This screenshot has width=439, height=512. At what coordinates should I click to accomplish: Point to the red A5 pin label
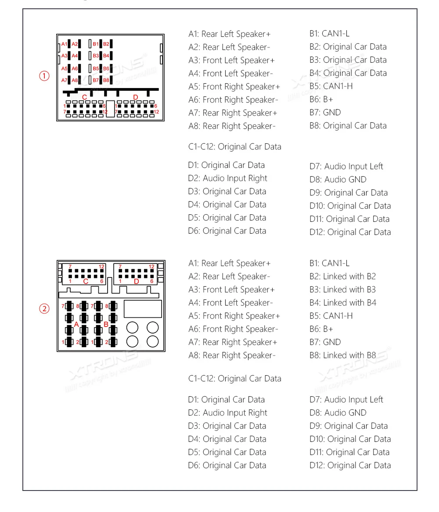pyautogui.click(x=65, y=68)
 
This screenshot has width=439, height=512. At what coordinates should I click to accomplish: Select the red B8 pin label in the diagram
pyautogui.click(x=106, y=80)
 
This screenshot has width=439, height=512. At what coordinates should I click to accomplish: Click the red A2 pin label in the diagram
pyautogui.click(x=75, y=44)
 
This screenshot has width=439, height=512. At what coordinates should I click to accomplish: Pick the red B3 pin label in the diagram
pyautogui.click(x=96, y=56)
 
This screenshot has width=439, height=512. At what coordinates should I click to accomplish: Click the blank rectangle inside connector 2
pyautogui.click(x=143, y=309)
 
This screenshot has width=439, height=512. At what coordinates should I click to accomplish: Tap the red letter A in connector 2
pyautogui.click(x=76, y=324)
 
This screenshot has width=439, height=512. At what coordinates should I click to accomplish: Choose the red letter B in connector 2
pyautogui.click(x=105, y=324)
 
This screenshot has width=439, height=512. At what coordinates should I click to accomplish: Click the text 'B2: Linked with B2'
pyautogui.click(x=342, y=277)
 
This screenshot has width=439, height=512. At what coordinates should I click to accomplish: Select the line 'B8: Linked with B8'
pyautogui.click(x=342, y=356)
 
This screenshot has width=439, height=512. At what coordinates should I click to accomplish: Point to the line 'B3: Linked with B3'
pyautogui.click(x=342, y=290)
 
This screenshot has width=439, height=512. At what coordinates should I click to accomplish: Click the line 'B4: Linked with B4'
pyautogui.click(x=342, y=303)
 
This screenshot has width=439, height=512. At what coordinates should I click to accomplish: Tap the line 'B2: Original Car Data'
pyautogui.click(x=348, y=47)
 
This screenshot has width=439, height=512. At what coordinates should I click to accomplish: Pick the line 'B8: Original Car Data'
pyautogui.click(x=348, y=126)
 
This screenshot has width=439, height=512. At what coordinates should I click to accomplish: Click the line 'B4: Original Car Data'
pyautogui.click(x=348, y=73)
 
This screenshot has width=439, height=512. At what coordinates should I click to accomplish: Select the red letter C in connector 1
pyautogui.click(x=85, y=97)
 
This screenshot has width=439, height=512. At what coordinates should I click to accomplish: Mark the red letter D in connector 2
pyautogui.click(x=136, y=281)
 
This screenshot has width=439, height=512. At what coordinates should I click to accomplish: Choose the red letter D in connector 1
pyautogui.click(x=135, y=97)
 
